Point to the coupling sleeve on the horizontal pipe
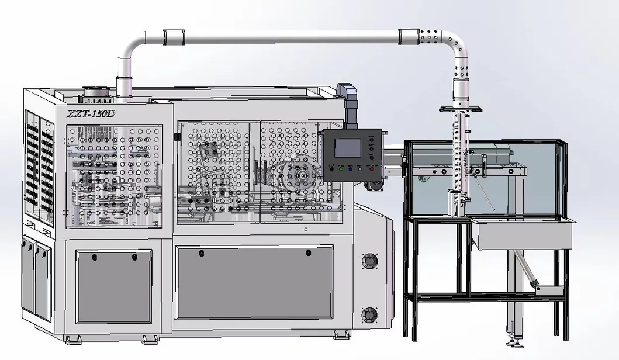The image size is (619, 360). tap(174, 37)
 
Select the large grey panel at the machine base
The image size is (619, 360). tap(254, 283)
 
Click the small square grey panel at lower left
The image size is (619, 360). tap(113, 286)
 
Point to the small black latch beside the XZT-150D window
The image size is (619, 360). tap(177, 137)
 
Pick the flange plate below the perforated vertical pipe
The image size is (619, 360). tap(461, 109)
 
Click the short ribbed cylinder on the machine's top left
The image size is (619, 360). tap(93, 92)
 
